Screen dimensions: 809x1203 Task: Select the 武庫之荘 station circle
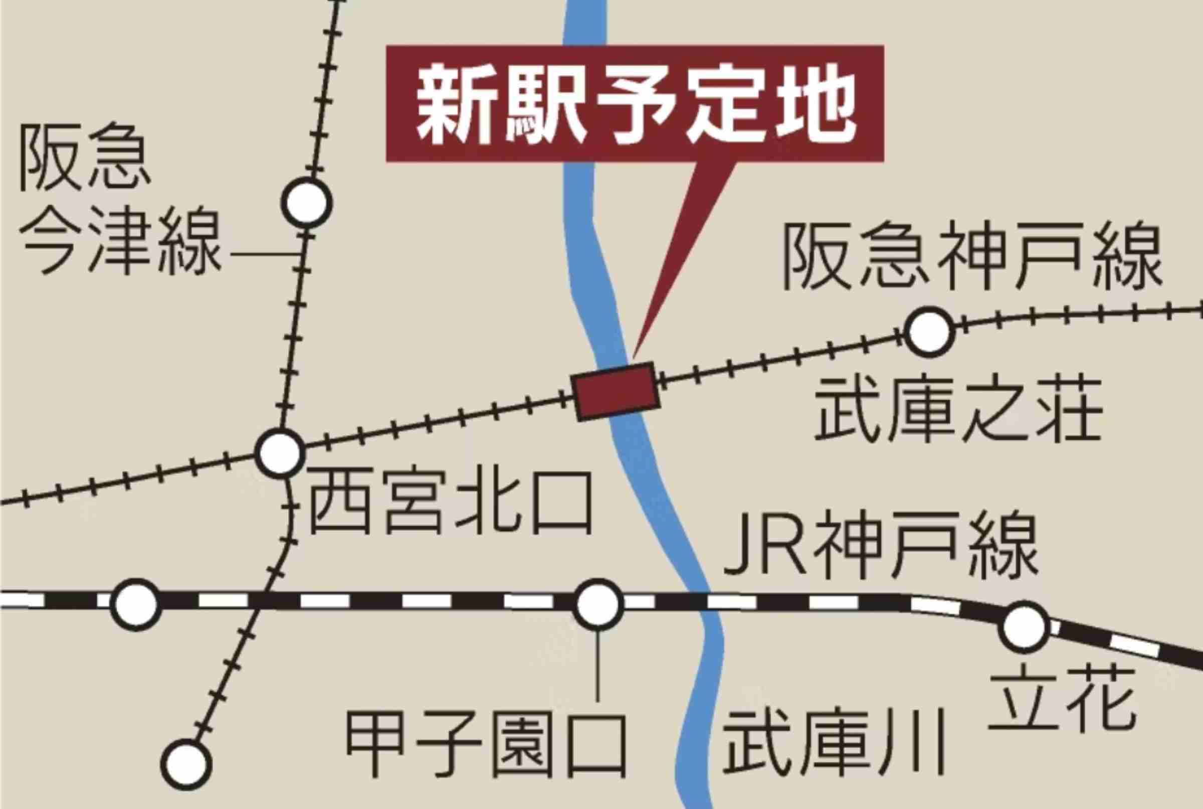tap(929, 332)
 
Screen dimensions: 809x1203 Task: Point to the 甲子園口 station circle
tap(597, 604)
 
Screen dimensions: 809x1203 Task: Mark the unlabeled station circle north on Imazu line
tap(307, 203)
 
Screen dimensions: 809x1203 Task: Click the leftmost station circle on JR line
tap(136, 604)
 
